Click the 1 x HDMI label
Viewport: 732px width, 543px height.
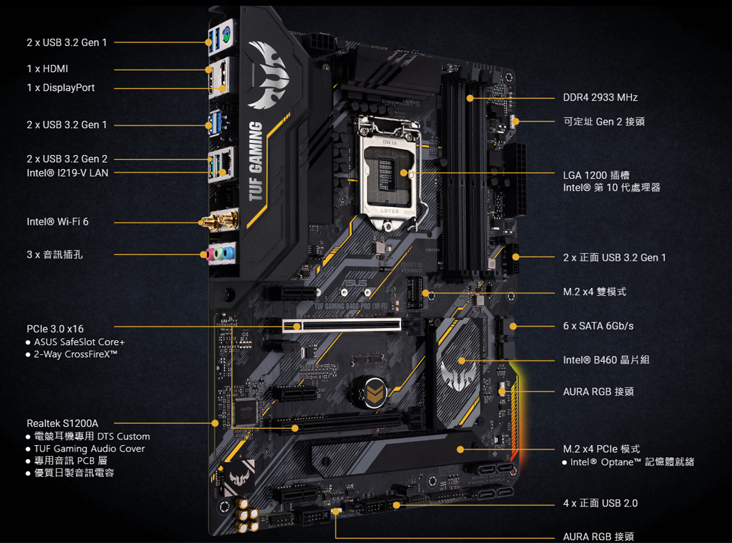coord(47,69)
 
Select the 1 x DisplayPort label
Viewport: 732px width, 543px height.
coord(61,88)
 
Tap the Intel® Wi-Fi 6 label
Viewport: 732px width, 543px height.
coord(58,222)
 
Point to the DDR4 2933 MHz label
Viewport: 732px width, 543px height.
coord(600,97)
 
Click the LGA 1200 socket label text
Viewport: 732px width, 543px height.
coord(596,175)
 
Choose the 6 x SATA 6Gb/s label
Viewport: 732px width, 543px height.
coord(598,326)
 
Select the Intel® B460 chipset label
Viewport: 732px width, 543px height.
coord(606,360)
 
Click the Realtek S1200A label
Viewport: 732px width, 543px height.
coord(63,423)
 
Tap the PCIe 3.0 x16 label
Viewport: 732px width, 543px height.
coord(55,329)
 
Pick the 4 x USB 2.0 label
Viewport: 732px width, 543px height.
coord(600,503)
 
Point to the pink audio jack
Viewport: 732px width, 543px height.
coord(209,253)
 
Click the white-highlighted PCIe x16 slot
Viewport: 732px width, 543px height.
coord(342,325)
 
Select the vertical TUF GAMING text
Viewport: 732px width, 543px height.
coord(256,161)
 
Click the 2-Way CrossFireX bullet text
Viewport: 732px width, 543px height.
coord(75,354)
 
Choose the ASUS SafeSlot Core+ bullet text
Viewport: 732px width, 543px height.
coord(79,342)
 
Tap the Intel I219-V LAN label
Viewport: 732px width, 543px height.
coord(68,173)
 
